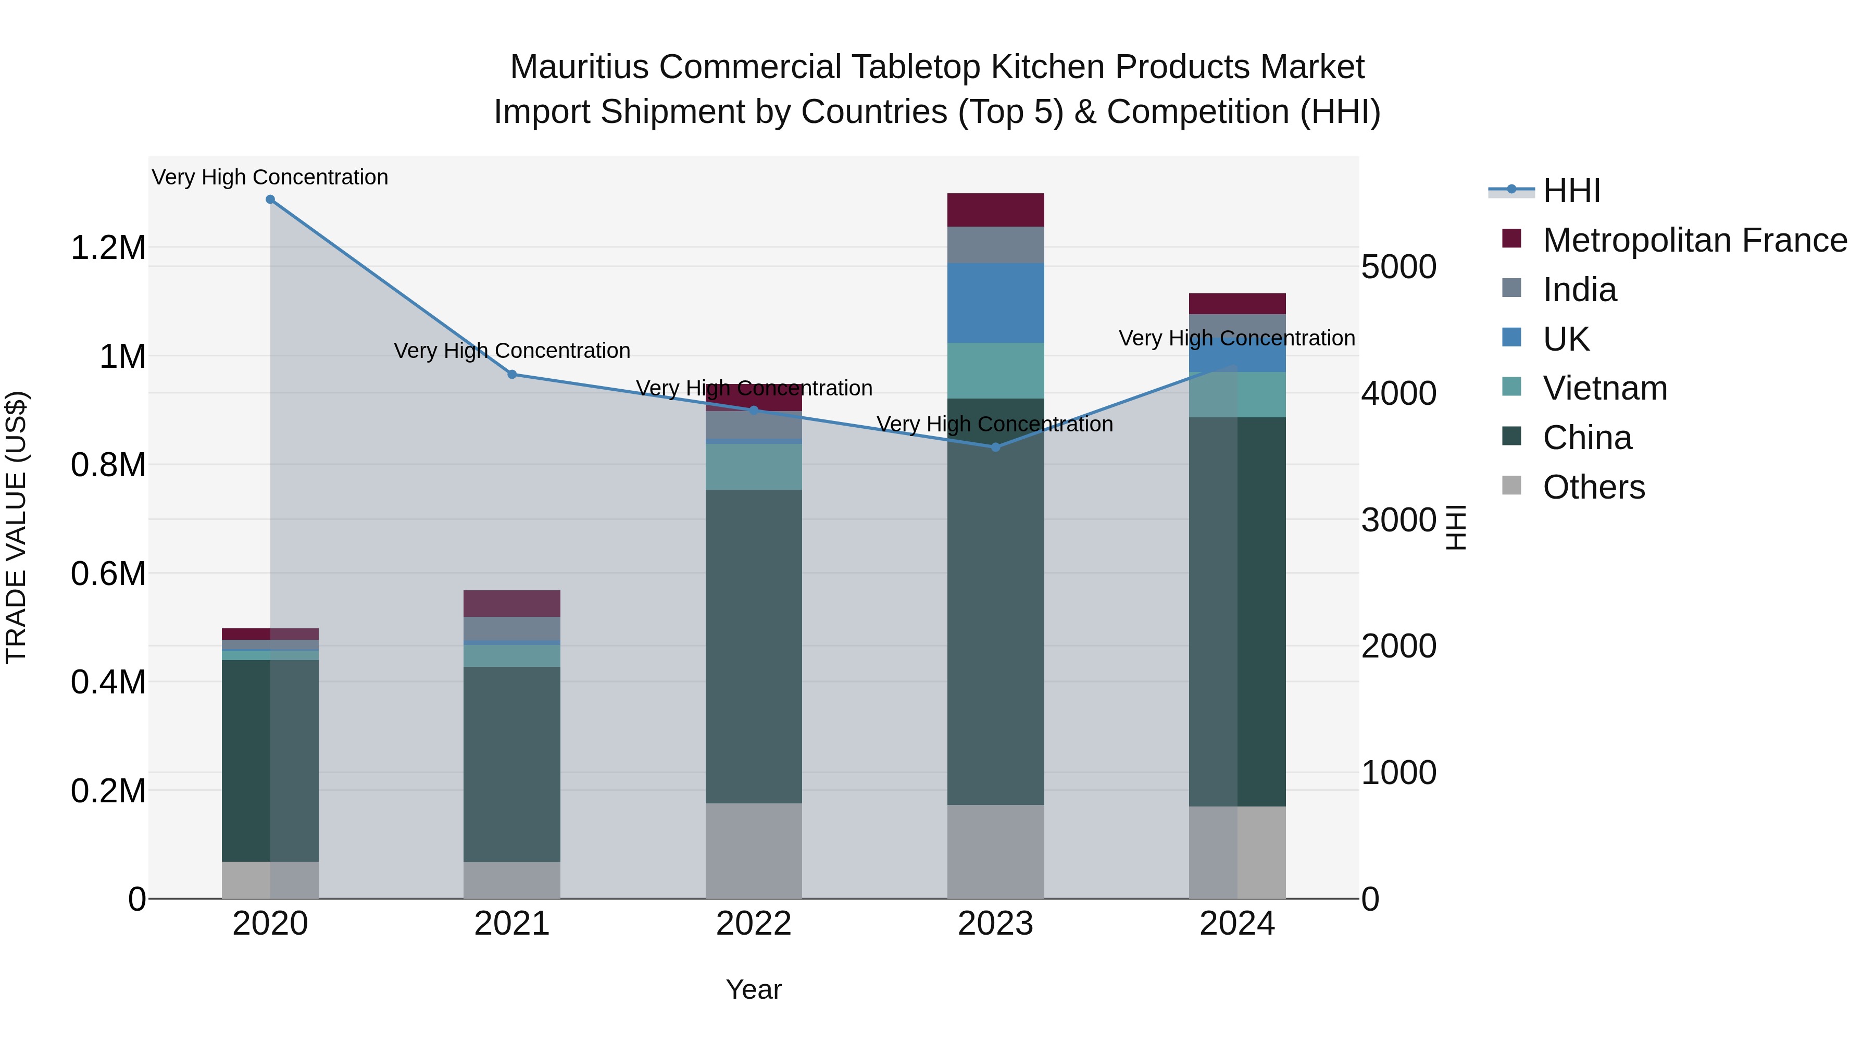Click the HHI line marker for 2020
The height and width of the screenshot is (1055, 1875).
[270, 200]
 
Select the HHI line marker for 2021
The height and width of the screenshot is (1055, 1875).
[511, 374]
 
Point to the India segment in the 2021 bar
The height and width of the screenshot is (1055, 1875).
[511, 628]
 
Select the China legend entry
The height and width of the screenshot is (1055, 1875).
[1587, 438]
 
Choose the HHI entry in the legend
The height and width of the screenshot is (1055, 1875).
[1571, 191]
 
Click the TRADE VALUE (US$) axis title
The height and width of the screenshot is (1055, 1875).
[16, 527]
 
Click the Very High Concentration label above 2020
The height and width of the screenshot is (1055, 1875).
[270, 177]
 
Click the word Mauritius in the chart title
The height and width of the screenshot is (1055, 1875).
[579, 67]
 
